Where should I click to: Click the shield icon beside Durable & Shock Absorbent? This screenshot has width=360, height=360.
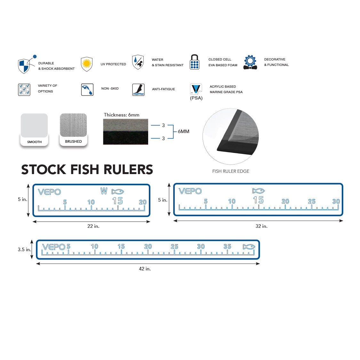(24, 66)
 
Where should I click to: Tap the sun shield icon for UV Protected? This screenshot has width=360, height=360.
(87, 64)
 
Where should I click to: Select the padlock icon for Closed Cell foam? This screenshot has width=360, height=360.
(195, 62)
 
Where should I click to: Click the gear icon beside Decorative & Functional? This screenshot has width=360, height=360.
(250, 62)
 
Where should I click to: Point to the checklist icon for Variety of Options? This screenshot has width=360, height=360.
(24, 90)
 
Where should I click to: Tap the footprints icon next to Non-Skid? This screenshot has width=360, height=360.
(87, 90)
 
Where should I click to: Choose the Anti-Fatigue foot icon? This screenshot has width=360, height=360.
(138, 90)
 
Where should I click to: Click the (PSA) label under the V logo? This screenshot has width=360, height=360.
(196, 98)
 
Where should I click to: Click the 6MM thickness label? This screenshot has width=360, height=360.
(183, 132)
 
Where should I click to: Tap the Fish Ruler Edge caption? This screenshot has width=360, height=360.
(230, 171)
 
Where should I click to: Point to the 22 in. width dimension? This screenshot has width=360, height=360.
(93, 226)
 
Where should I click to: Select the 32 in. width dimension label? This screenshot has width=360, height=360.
(261, 226)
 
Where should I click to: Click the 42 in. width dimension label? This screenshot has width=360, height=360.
(145, 269)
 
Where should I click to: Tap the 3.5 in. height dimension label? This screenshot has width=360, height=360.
(24, 250)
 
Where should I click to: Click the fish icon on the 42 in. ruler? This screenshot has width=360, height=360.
(249, 247)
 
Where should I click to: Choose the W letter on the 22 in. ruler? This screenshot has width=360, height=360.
(104, 191)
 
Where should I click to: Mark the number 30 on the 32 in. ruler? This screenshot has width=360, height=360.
(336, 201)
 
